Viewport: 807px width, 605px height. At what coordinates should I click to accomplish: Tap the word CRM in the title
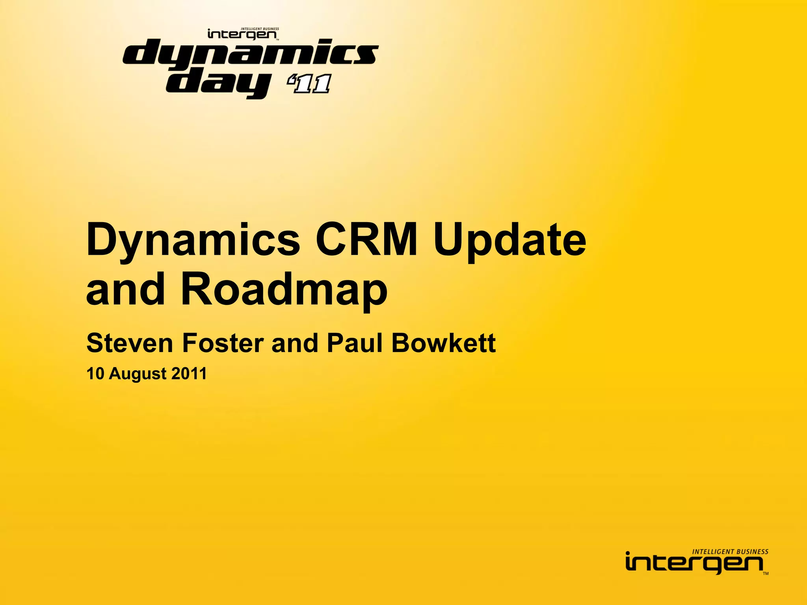366,239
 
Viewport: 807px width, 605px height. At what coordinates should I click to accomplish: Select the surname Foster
223,343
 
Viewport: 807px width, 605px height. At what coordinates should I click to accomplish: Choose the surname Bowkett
443,343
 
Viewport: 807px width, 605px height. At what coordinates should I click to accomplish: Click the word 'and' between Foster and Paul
294,343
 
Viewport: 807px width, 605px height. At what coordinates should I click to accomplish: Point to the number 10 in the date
95,374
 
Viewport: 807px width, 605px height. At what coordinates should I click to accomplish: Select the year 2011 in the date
189,374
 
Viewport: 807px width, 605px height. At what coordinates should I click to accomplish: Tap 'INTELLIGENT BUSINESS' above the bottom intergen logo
730,552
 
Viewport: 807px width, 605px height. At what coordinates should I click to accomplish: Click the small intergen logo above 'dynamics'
242,35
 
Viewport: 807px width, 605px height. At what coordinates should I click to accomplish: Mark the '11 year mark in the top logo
309,84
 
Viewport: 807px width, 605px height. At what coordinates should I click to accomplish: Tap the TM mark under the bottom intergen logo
765,574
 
